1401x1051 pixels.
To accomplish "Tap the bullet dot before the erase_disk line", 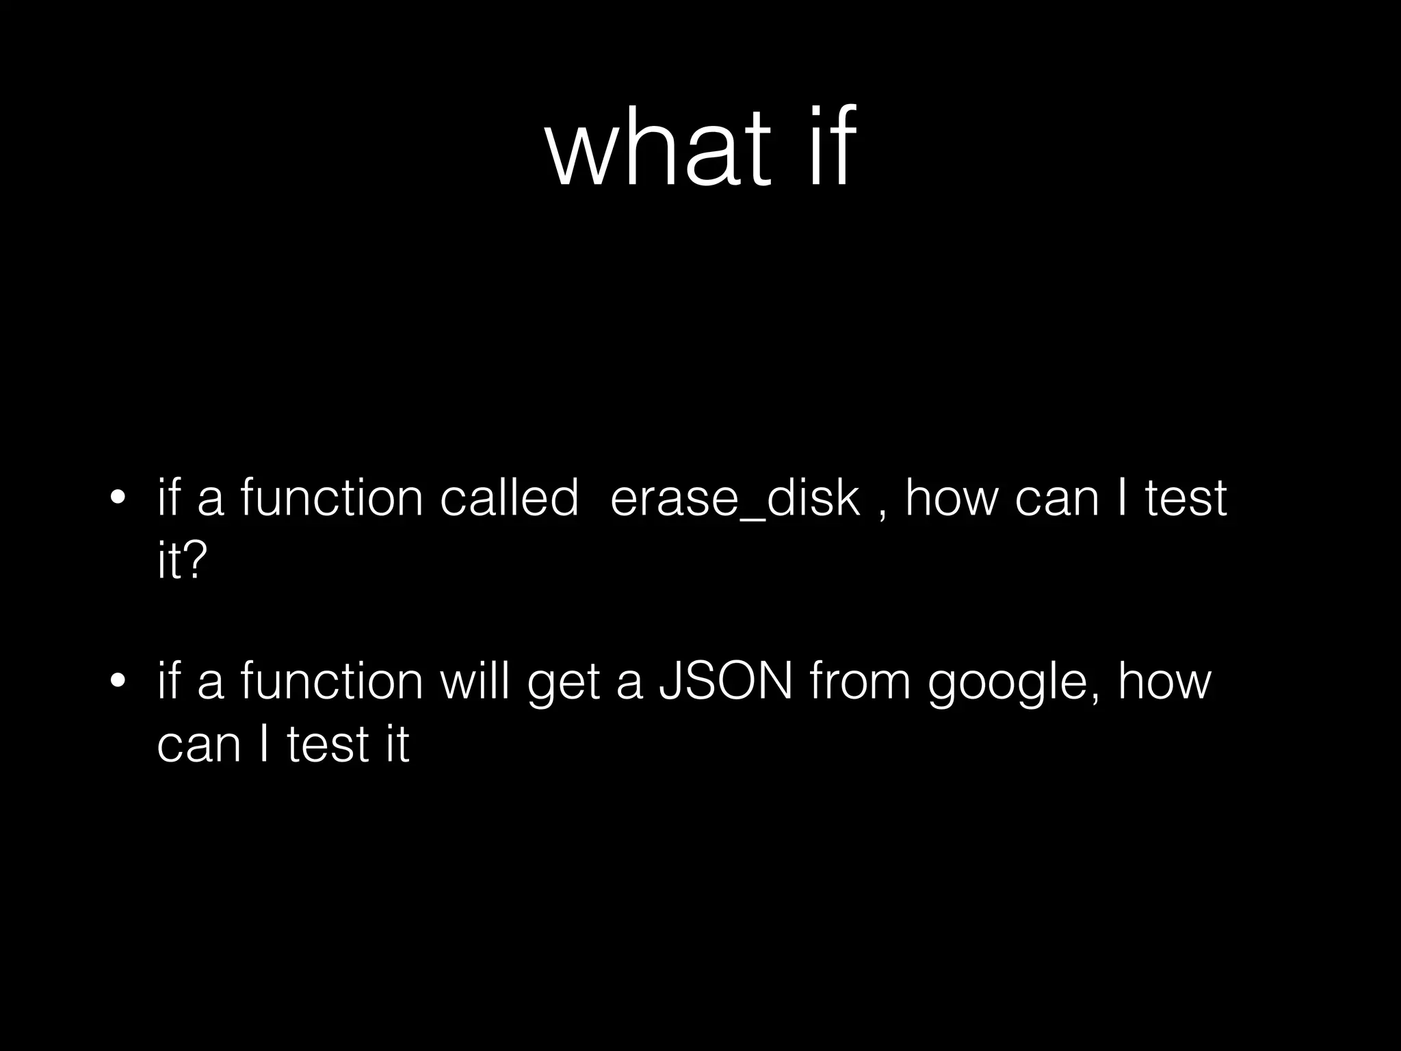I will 118,497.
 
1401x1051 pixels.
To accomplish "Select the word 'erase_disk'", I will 734,499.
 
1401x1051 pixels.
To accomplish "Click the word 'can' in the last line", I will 199,747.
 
